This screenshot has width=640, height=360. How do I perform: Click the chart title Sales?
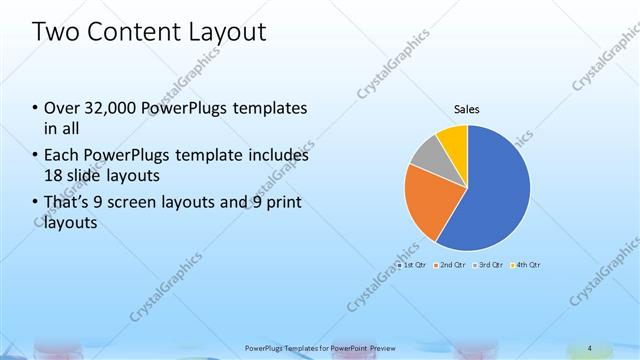pos(467,108)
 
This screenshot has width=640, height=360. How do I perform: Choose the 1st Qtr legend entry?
pos(412,265)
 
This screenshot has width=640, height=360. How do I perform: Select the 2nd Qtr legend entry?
pos(453,265)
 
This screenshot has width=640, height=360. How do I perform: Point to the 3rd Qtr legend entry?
pos(490,265)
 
